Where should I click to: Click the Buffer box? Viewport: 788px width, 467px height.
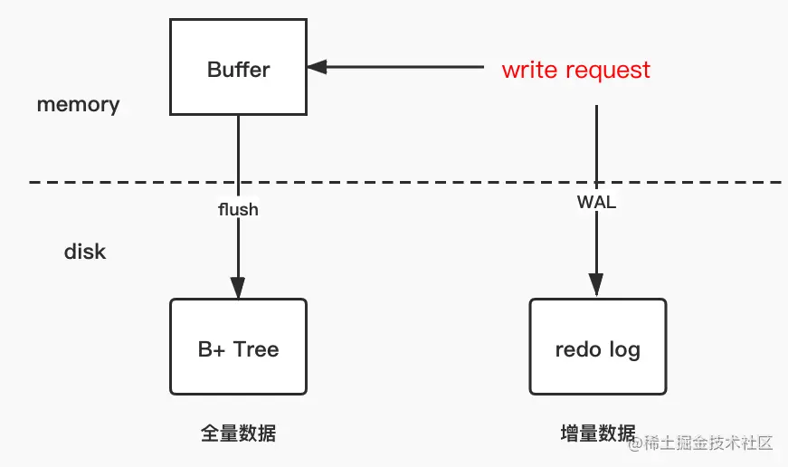tap(238, 67)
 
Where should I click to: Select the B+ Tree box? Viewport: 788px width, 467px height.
tap(238, 347)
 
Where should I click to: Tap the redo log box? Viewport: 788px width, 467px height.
tap(597, 347)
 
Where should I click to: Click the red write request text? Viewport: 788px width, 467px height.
tap(576, 70)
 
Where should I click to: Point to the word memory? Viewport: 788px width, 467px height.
tap(79, 105)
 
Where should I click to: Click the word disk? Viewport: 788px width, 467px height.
tap(85, 252)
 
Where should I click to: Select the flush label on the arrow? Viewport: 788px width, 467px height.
tap(238, 209)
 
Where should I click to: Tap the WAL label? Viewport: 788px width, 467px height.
tap(596, 202)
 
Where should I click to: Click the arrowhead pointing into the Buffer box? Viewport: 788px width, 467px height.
tap(318, 67)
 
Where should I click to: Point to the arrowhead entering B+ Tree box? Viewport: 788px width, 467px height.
tap(238, 288)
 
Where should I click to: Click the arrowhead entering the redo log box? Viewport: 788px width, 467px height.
tap(596, 285)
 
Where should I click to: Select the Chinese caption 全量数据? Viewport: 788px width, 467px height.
tap(238, 433)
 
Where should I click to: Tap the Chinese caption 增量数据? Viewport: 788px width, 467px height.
tap(598, 433)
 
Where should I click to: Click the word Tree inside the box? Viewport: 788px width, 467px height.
tap(256, 349)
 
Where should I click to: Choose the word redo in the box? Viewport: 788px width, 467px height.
tap(578, 349)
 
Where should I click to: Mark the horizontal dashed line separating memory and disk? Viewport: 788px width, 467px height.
tap(405, 182)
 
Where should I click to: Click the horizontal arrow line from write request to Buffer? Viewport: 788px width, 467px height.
tap(395, 67)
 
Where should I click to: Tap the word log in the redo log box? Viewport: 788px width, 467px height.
tap(625, 350)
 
